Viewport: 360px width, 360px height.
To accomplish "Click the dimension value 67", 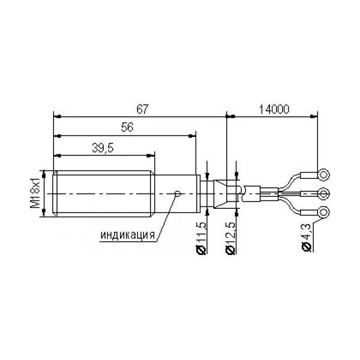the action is click(143, 109).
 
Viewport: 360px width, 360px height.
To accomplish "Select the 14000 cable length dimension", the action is click(274, 109).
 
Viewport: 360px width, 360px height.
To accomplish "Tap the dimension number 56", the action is click(127, 127).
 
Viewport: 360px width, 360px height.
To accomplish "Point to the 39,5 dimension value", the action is click(103, 148).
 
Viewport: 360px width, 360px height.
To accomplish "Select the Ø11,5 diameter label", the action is click(201, 238).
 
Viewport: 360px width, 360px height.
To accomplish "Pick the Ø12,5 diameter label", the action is click(230, 238).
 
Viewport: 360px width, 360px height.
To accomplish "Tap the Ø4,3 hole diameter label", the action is click(307, 237).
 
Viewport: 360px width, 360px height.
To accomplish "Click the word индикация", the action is click(128, 235).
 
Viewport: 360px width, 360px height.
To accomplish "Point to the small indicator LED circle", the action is click(178, 194).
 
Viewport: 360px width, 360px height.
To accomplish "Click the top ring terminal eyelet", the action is click(323, 175).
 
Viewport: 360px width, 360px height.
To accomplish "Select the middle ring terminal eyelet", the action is click(323, 194).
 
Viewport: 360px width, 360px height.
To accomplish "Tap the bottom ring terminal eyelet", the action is click(323, 212).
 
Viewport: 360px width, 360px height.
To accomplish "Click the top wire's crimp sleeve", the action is click(309, 175).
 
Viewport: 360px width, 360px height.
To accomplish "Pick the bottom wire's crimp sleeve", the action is click(309, 212).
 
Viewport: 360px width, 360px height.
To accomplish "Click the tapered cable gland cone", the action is click(220, 194).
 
